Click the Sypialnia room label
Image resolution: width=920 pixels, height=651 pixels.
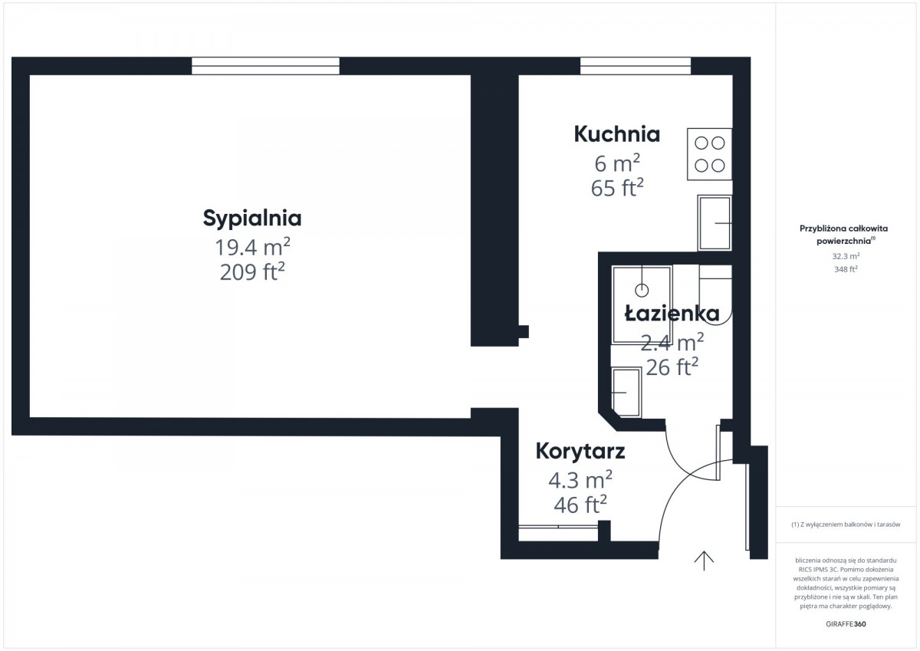pyautogui.click(x=252, y=219)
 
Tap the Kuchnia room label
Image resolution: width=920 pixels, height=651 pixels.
pyautogui.click(x=617, y=134)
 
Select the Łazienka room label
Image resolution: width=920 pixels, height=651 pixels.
pyautogui.click(x=672, y=314)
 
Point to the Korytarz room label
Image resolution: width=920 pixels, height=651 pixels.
pyautogui.click(x=580, y=452)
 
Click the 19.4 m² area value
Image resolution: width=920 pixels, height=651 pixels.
pyautogui.click(x=252, y=247)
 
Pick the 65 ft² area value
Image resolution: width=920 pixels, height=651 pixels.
pyautogui.click(x=617, y=188)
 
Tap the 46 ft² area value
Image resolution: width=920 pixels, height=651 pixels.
pyautogui.click(x=580, y=505)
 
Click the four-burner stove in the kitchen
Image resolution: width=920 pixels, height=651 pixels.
pyautogui.click(x=709, y=154)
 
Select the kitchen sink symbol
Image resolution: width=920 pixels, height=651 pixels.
pyautogui.click(x=715, y=223)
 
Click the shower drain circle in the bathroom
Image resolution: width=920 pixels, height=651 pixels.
pyautogui.click(x=642, y=291)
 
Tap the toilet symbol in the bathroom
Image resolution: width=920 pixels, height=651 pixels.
pyautogui.click(x=715, y=295)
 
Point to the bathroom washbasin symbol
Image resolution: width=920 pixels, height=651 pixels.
pyautogui.click(x=626, y=393)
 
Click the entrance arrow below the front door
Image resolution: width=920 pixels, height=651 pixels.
pyautogui.click(x=704, y=561)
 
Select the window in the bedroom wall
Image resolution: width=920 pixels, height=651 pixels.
pyautogui.click(x=265, y=66)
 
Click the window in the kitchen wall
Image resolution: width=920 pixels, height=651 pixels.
pyautogui.click(x=636, y=66)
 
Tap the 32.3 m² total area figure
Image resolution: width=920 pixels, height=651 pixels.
pyautogui.click(x=846, y=256)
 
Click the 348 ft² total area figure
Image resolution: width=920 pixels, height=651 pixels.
pyautogui.click(x=846, y=269)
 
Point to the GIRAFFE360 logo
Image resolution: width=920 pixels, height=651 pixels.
pyautogui.click(x=846, y=624)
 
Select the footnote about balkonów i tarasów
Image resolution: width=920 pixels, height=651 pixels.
pyautogui.click(x=846, y=524)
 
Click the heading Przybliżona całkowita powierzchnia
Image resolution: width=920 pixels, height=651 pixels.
pyautogui.click(x=843, y=235)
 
